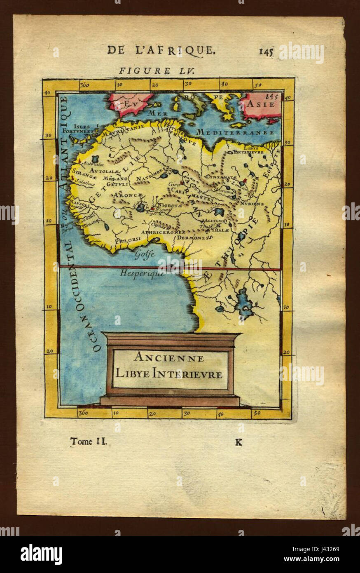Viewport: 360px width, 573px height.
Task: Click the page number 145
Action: [x=266, y=51]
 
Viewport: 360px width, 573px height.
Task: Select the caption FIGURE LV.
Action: [x=145, y=70]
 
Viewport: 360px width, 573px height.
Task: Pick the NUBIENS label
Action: [x=253, y=204]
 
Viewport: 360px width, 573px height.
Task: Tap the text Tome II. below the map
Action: [x=89, y=441]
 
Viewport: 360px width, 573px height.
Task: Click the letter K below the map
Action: [x=238, y=442]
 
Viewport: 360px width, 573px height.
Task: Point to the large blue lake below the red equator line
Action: [x=244, y=303]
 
